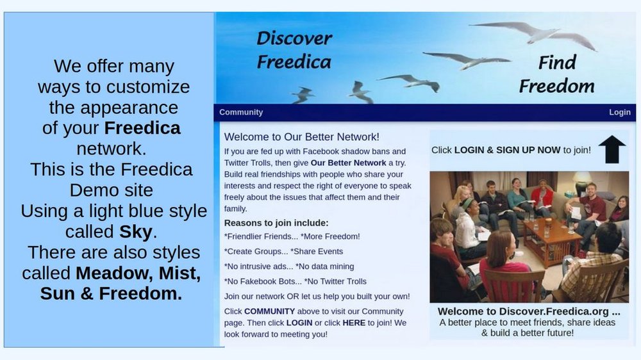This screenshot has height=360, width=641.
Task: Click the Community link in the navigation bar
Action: [241, 112]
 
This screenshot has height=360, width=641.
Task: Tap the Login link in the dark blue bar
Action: [619, 112]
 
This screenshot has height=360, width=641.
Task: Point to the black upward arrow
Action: [612, 149]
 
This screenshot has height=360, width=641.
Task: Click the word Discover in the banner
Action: [294, 38]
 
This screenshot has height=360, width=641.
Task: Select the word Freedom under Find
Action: [556, 86]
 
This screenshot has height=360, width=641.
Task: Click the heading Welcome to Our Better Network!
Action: [302, 137]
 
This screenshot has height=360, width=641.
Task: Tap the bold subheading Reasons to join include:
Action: [276, 223]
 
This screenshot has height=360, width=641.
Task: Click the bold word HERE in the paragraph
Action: [354, 323]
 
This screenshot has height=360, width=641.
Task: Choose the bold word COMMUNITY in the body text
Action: [269, 311]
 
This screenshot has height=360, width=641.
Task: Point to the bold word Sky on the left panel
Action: [136, 232]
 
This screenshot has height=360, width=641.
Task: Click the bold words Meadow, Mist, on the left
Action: [138, 274]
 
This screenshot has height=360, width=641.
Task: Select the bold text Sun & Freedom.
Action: [111, 293]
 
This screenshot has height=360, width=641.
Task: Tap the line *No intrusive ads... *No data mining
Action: [289, 266]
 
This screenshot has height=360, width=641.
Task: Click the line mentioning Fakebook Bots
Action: [295, 282]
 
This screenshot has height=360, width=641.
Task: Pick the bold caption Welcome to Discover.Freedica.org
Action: [529, 311]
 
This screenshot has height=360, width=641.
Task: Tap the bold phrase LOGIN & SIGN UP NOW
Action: [507, 150]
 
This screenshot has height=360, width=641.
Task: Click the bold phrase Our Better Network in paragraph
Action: [348, 163]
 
